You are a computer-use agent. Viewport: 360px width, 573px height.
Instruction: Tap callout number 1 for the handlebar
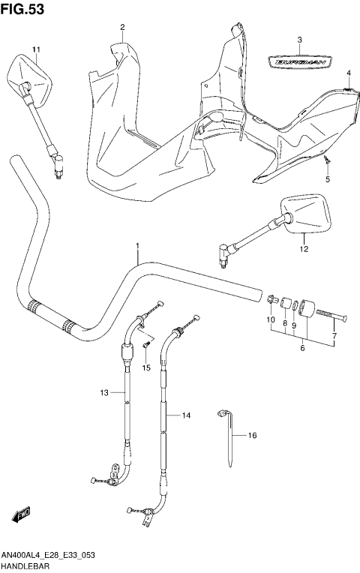point(137,246)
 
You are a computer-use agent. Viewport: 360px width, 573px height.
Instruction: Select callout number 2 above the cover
point(121,28)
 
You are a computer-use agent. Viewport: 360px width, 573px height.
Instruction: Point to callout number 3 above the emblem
point(298,40)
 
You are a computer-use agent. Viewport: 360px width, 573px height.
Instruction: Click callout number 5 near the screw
point(327,180)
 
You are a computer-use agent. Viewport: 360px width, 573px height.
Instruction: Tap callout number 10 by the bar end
point(271,320)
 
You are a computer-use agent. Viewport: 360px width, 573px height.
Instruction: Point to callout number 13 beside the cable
point(105,392)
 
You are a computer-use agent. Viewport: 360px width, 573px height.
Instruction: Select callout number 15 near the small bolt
point(146,367)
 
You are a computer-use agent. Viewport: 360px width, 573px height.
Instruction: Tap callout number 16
point(253,435)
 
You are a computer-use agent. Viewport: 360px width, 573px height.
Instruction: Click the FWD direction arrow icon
point(19,515)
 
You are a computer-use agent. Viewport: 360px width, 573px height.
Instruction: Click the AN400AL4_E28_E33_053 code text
point(47,554)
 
